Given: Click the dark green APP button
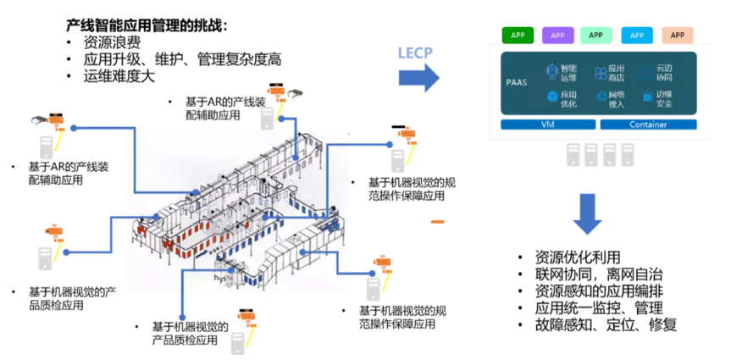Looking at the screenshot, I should click(x=518, y=36).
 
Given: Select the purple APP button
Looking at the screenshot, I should click(x=557, y=36).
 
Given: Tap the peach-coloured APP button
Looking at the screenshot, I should click(x=677, y=36).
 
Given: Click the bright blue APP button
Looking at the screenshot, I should click(x=636, y=36).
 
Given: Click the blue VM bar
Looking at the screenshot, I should click(x=546, y=125).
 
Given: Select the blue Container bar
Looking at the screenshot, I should click(x=648, y=125).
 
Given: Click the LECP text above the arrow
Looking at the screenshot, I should click(x=416, y=53).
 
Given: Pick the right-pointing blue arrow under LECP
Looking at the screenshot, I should click(x=418, y=79).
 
